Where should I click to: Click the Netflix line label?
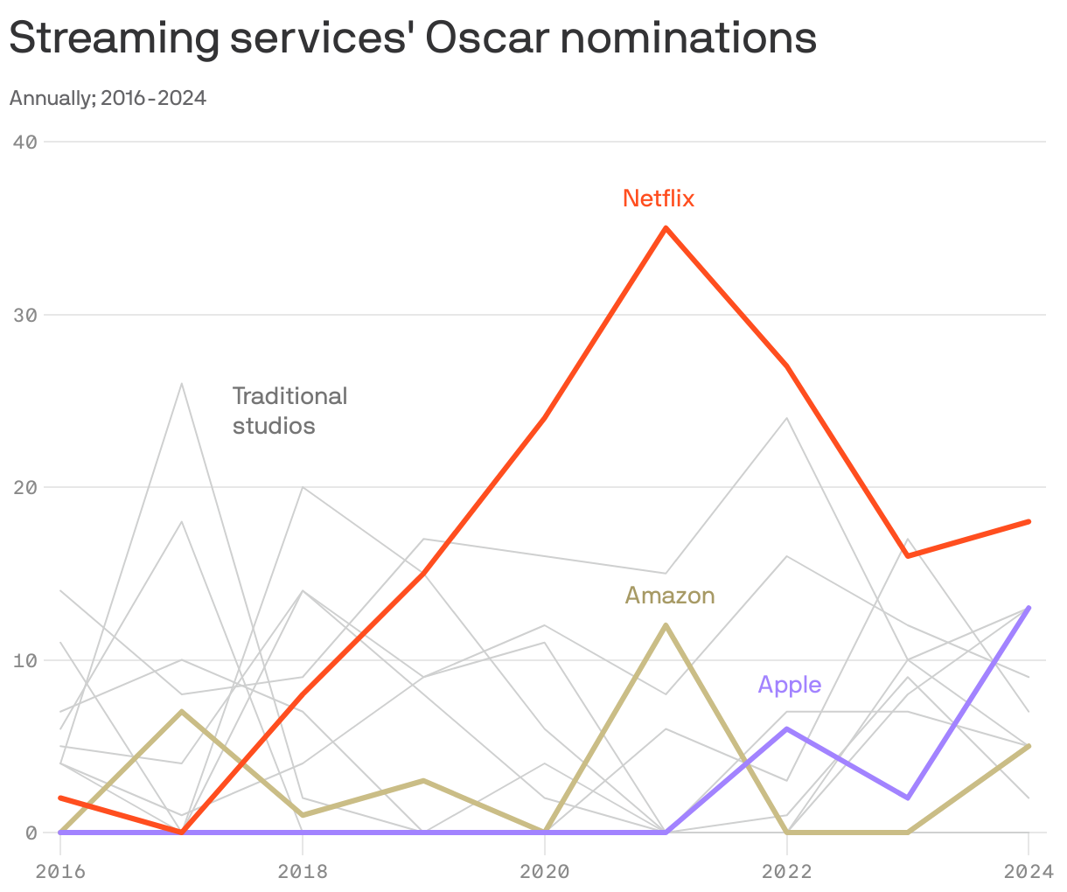click(x=658, y=199)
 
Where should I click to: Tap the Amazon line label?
click(x=670, y=596)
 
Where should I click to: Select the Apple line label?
click(x=789, y=684)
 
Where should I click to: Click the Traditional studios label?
click(x=289, y=410)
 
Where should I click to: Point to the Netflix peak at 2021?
click(x=666, y=228)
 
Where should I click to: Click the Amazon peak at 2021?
click(x=666, y=625)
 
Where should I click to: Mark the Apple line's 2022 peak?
click(x=787, y=728)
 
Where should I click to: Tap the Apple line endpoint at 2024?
click(x=1029, y=608)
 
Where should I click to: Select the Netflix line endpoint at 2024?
click(x=1029, y=521)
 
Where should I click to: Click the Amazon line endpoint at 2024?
click(x=1029, y=746)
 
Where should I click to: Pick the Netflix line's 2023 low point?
click(x=908, y=556)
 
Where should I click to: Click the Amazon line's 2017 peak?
click(x=181, y=712)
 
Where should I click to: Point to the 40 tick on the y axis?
click(x=25, y=142)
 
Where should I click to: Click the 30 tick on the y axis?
click(x=25, y=315)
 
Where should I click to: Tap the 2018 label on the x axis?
click(x=302, y=871)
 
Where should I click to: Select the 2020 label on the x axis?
click(x=544, y=871)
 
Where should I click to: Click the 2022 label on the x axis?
click(x=786, y=871)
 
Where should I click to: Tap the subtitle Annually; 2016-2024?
click(x=108, y=98)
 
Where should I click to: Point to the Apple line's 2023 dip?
click(x=908, y=798)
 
